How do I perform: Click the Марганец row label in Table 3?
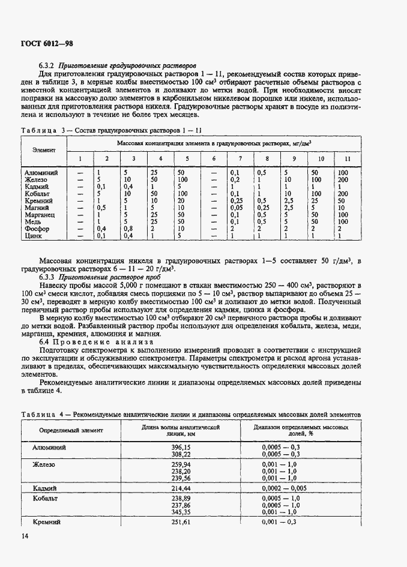click(x=40, y=214)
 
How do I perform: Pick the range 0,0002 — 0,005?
click(x=285, y=489)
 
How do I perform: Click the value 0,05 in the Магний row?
click(x=236, y=207)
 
